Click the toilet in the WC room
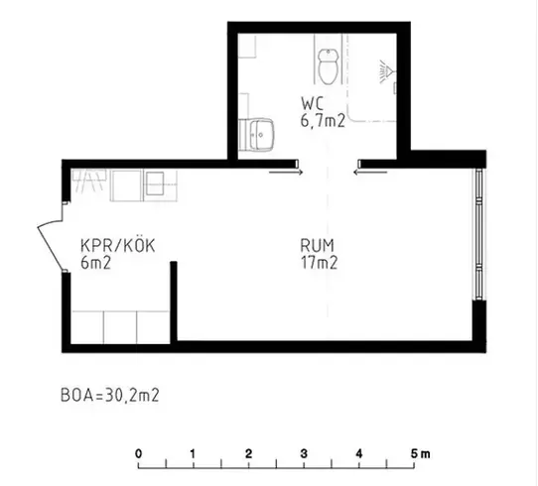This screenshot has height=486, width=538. click(x=329, y=66)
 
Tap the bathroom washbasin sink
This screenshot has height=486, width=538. click(x=261, y=134)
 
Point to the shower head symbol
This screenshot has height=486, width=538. click(x=387, y=72)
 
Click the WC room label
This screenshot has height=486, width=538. click(x=313, y=104)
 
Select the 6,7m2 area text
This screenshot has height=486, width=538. click(x=323, y=121)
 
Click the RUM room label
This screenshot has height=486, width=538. click(x=317, y=245)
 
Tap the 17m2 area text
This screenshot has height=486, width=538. click(x=319, y=263)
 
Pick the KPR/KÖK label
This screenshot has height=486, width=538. click(x=118, y=245)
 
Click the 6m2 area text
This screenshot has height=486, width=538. click(x=95, y=263)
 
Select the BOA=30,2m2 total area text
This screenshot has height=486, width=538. click(x=110, y=395)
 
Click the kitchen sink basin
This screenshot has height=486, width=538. click(x=155, y=183)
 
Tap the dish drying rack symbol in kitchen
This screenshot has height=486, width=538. click(x=88, y=181)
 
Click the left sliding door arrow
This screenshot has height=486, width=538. click(x=286, y=173)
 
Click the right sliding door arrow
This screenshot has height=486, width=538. click(x=370, y=173)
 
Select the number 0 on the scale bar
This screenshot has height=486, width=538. click(x=138, y=454)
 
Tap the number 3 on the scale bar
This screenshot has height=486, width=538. click(x=304, y=454)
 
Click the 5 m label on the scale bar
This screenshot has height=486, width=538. click(x=420, y=454)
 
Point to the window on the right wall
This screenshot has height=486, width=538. click(x=478, y=234)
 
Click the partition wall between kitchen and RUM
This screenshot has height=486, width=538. click(x=174, y=302)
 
